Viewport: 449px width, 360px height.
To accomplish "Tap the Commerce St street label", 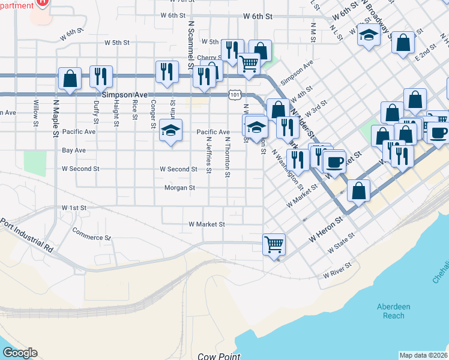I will pos(92,233).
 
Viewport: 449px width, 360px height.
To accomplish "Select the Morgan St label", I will pos(180,188).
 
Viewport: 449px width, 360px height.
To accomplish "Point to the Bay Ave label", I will pos(74,150).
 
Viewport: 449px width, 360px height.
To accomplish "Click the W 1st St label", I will pos(74,207).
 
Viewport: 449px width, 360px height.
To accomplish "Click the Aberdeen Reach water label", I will pos(394,311).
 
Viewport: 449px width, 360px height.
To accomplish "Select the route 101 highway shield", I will pos(235,95).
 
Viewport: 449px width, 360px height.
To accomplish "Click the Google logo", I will pos(20,353).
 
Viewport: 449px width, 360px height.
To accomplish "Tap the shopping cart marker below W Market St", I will pos(274,244).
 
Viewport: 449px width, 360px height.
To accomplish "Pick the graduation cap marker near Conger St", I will pos(170,130).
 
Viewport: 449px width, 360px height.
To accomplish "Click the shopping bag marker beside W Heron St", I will pos(358,191).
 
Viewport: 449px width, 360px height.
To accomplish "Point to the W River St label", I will pos(337,270).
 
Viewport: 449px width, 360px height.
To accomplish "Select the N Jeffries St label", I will pos(208,154).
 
